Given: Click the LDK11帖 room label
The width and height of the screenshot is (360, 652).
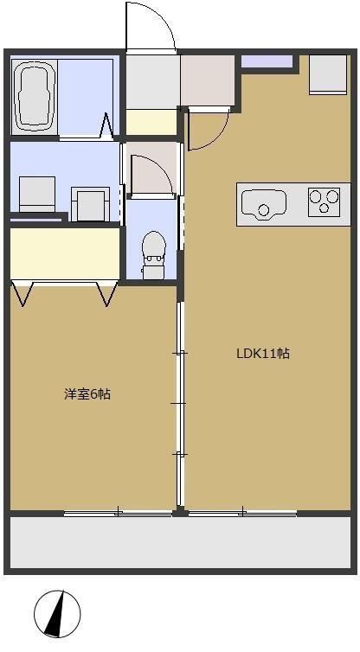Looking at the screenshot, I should tap(263, 353).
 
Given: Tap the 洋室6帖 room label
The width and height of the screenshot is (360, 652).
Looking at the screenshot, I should tap(87, 394).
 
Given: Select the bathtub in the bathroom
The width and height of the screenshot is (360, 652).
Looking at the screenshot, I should tap(35, 93).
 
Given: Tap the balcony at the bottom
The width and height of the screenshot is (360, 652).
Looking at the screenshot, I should tap(180, 542).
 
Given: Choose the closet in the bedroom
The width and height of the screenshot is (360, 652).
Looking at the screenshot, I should tap(65, 252).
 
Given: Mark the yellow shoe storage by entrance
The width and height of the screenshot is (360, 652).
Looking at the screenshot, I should tap(151, 122).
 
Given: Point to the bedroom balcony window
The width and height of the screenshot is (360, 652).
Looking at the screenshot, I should tap(118, 514).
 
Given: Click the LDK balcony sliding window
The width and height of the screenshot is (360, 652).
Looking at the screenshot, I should tap(243, 514).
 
